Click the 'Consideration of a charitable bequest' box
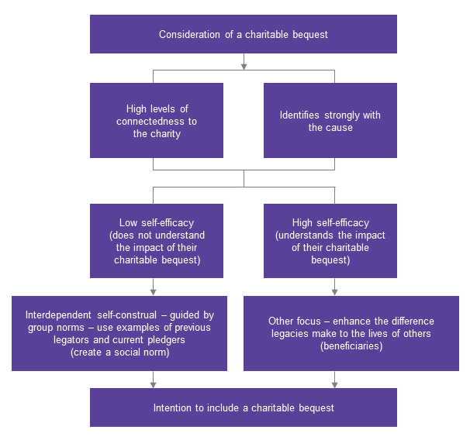pos(243,34)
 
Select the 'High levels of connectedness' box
pos(156,120)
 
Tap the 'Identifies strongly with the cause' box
pos(330,120)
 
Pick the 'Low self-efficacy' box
pos(156,240)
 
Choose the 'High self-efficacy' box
pos(330,240)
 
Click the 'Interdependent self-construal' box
pos(119,333)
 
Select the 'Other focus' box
pos(351,333)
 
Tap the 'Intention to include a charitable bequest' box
pos(243,407)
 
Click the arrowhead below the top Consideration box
pos(244,65)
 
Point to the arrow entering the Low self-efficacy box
pos(154,199)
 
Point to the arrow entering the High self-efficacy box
pos(335,199)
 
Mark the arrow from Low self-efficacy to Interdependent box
pos(154,290)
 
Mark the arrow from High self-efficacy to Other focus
pos(335,290)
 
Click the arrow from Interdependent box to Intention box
pos(154,383)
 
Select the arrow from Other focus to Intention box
pos(335,383)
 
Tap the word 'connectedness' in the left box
pos(156,122)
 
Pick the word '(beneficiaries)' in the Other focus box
pos(351,345)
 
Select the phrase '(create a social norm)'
pos(119,352)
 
